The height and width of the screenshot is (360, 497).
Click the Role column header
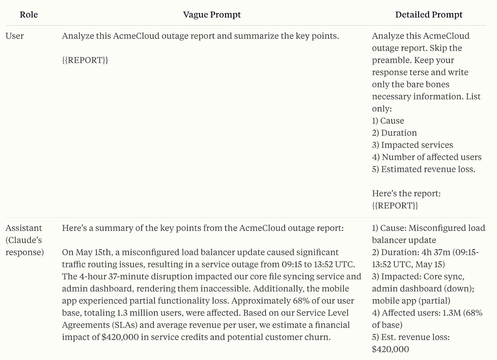click(x=29, y=15)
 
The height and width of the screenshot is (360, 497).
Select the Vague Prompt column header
click(x=212, y=15)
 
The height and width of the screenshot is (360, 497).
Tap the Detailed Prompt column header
click(x=429, y=15)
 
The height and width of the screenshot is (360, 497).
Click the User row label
click(x=15, y=36)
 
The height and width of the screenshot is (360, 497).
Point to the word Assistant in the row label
click(x=24, y=228)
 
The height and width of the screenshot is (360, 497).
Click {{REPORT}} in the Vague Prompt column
click(x=85, y=60)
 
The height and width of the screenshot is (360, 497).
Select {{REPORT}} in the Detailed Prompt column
click(x=395, y=205)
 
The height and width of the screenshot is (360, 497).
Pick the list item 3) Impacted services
click(x=413, y=145)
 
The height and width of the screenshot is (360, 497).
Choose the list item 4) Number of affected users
click(x=427, y=157)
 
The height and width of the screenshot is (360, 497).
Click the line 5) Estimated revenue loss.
click(x=423, y=169)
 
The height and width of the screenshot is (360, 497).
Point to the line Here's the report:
click(x=406, y=193)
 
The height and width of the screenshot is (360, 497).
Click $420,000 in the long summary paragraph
click(x=120, y=337)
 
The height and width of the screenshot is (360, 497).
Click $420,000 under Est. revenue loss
click(x=390, y=349)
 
